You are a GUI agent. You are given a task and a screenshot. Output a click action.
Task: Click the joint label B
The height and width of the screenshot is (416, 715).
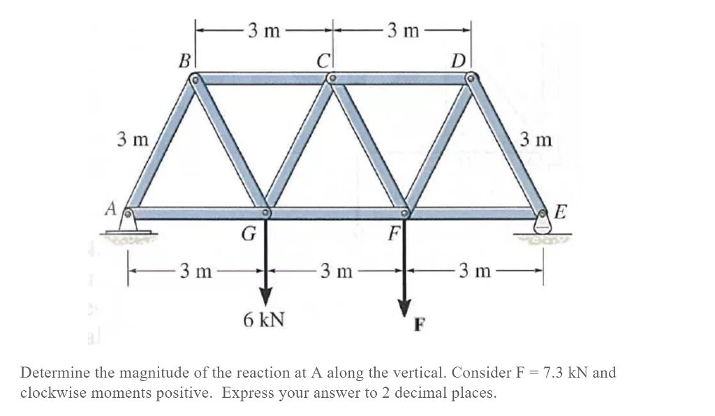click(184, 61)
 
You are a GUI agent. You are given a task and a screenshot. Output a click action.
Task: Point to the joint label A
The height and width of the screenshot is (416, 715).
click(110, 208)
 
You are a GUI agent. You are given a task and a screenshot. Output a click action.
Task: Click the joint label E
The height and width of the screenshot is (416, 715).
click(562, 209)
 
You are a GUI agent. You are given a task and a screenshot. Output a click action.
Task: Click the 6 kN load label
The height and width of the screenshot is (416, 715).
click(264, 320)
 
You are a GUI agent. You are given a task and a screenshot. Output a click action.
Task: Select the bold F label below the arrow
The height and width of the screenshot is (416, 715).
click(420, 325)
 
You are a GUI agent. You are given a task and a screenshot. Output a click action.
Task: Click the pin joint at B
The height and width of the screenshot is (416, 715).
click(196, 79)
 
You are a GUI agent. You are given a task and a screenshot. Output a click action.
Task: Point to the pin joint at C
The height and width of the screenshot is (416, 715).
click(332, 79)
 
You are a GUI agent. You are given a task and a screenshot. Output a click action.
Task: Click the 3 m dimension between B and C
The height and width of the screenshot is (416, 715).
click(264, 30)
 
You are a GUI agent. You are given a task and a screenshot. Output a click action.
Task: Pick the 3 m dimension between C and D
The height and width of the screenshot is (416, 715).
click(403, 30)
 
